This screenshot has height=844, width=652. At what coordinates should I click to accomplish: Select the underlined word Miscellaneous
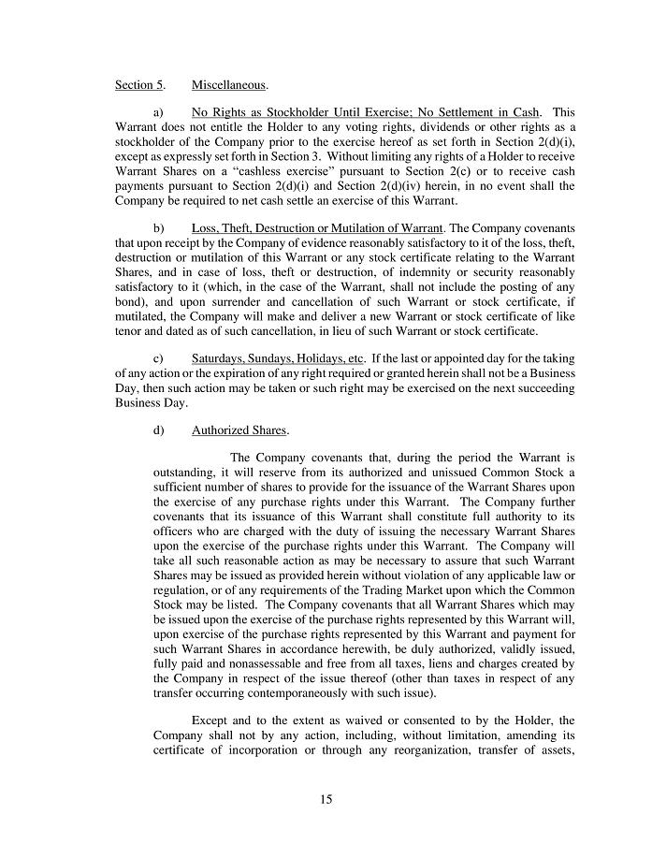[229, 85]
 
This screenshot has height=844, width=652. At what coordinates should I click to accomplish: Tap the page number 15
[326, 799]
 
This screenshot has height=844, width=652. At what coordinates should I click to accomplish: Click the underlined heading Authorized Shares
[240, 430]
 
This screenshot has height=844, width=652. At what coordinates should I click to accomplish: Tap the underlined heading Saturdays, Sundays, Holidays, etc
[277, 358]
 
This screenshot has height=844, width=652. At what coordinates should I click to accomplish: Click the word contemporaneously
[334, 693]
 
